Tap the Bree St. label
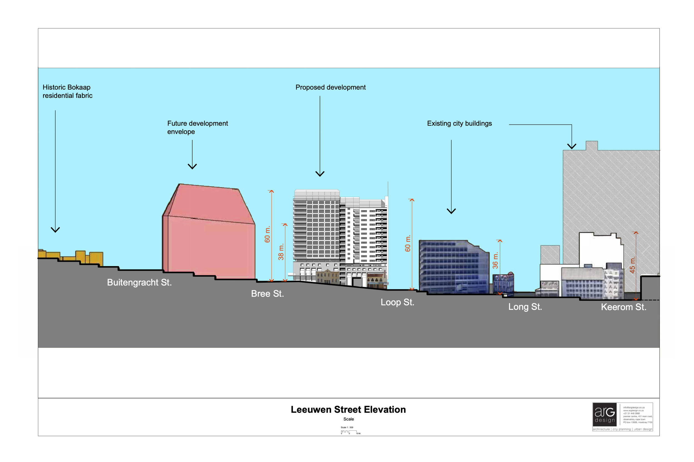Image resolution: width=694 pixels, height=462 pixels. (267, 293)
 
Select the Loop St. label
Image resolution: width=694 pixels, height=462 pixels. (397, 302)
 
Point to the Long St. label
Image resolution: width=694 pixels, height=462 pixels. (525, 307)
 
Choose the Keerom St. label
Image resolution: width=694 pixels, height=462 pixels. (623, 307)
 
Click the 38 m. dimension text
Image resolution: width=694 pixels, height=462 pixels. (281, 252)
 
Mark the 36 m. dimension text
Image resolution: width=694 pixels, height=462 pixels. (495, 260)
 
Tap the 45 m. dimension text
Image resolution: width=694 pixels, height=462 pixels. (632, 265)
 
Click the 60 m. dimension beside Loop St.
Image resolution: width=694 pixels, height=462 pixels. (408, 243)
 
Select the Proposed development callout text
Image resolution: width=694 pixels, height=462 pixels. (330, 87)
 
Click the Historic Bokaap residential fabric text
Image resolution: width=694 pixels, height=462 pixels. (67, 91)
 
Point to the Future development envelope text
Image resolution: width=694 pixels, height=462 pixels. (197, 127)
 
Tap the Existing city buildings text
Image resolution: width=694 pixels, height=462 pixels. (459, 123)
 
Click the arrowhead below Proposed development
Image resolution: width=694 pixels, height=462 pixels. (320, 174)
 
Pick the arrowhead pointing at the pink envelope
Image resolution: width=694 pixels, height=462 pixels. (192, 167)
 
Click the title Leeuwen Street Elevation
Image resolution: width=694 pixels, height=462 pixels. (348, 410)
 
